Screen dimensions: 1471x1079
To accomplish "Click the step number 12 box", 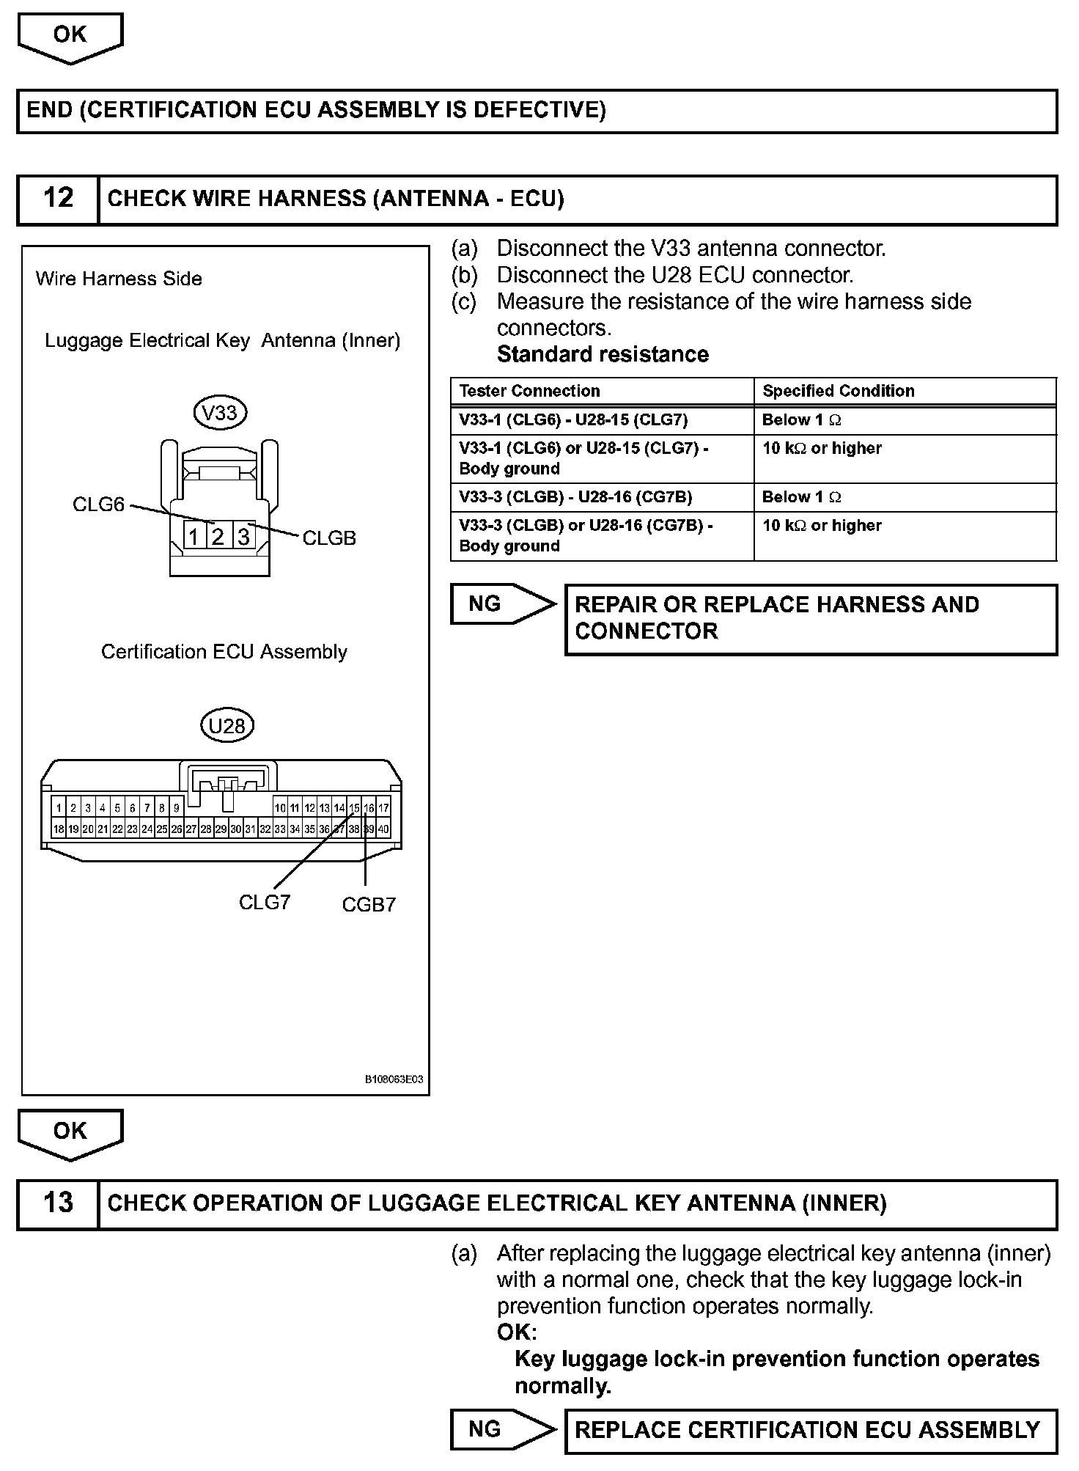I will click(x=58, y=199).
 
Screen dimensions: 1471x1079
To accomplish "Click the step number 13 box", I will click(x=58, y=1203).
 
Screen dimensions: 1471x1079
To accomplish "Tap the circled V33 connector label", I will click(x=220, y=413).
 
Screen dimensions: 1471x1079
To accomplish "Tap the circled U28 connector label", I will click(x=227, y=726).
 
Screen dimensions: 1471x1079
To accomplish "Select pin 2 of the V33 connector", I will click(x=218, y=537).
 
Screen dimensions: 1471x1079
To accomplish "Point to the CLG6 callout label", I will click(x=98, y=505).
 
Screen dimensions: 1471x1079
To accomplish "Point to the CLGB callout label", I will click(x=329, y=538).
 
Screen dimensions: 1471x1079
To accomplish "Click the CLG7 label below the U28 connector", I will click(x=265, y=902).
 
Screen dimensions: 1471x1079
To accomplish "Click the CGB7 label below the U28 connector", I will click(x=369, y=905).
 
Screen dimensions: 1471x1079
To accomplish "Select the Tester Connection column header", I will click(x=529, y=391).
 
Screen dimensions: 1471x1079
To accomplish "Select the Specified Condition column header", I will click(x=839, y=391).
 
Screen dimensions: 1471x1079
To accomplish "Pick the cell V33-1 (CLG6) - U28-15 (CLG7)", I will click(x=573, y=420).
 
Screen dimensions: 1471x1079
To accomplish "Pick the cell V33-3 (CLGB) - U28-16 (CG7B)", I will click(x=575, y=497).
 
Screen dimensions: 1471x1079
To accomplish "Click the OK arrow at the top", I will click(x=70, y=37).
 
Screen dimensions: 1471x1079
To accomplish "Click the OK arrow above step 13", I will click(x=70, y=1133).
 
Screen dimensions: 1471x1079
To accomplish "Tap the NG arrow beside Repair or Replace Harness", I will click(x=498, y=604).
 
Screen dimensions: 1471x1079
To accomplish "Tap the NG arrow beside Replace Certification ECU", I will click(x=498, y=1429).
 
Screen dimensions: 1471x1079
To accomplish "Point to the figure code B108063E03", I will click(x=394, y=1079).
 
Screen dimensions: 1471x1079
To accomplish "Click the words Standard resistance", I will click(x=603, y=355).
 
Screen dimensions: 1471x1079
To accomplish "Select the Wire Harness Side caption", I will click(x=119, y=279).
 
